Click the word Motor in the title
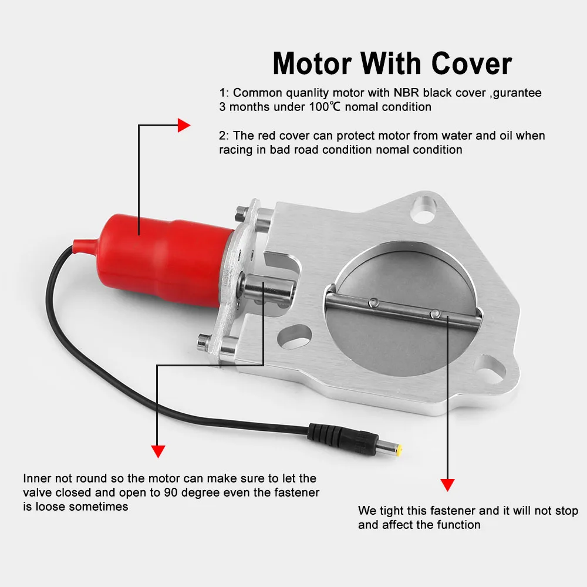pos(312,63)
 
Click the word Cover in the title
pos(471,63)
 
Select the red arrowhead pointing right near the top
pos(184,126)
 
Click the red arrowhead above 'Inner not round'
pos(158,451)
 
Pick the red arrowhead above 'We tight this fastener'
pos(447,485)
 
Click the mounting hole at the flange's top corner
pos(423,209)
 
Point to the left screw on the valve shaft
pos(373,302)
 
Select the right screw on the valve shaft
pos(434,313)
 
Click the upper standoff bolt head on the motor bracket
pos(239,213)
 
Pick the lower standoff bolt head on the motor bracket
pos(203,342)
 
